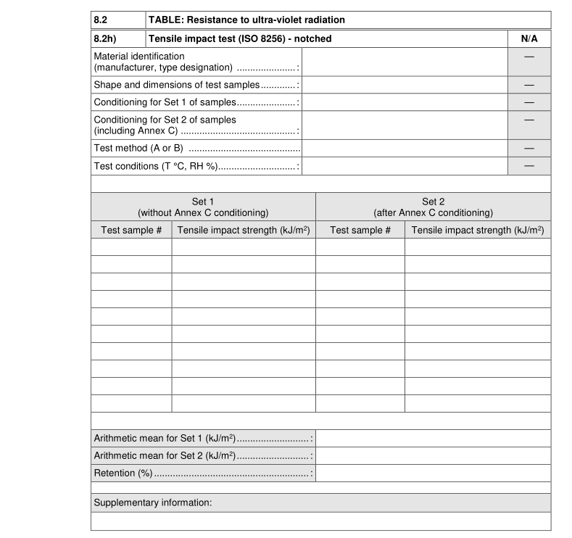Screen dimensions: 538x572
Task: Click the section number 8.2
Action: [x=101, y=20]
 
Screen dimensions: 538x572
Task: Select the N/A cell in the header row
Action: [x=529, y=38]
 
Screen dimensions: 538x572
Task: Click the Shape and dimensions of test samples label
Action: [x=176, y=85]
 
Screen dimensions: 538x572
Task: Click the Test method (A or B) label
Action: [x=138, y=148]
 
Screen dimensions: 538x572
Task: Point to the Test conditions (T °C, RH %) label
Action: [x=156, y=166]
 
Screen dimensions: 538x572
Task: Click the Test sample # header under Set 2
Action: [x=360, y=230]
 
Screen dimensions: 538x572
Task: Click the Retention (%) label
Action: [x=123, y=473]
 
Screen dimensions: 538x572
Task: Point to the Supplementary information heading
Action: [x=153, y=502]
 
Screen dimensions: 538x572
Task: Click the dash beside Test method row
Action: [x=529, y=148]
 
